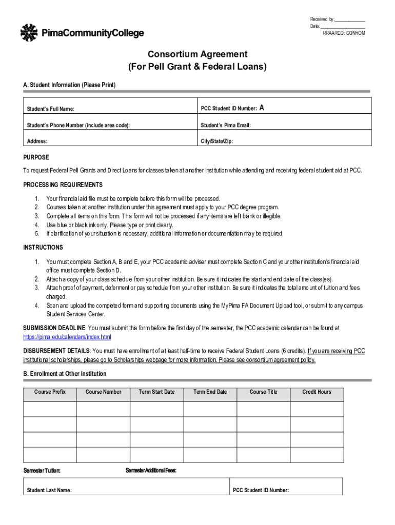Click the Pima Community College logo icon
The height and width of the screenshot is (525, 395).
(29, 33)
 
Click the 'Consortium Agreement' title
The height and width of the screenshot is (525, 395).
(197, 54)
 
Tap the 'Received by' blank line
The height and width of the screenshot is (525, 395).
(350, 19)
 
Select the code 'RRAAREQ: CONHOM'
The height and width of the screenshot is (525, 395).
(344, 33)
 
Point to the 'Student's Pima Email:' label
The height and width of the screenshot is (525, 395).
(226, 125)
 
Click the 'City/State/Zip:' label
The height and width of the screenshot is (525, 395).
(216, 141)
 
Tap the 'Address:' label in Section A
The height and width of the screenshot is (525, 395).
(37, 141)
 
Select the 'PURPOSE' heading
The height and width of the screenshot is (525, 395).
(36, 157)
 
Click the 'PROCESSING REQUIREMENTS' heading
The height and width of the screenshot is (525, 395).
(63, 185)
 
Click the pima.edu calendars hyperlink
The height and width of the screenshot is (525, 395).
(67, 337)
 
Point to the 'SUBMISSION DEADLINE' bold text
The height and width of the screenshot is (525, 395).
(54, 328)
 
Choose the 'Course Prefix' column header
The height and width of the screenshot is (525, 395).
(50, 392)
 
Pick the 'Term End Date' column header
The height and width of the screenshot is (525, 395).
(210, 392)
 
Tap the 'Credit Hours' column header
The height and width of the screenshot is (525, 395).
(317, 392)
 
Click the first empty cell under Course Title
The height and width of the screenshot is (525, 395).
(264, 409)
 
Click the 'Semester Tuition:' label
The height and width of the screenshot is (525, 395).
(42, 471)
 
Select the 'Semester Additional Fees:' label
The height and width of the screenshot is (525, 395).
(151, 471)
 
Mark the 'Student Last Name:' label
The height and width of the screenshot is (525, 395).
(49, 490)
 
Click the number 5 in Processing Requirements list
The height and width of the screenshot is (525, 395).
(37, 233)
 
